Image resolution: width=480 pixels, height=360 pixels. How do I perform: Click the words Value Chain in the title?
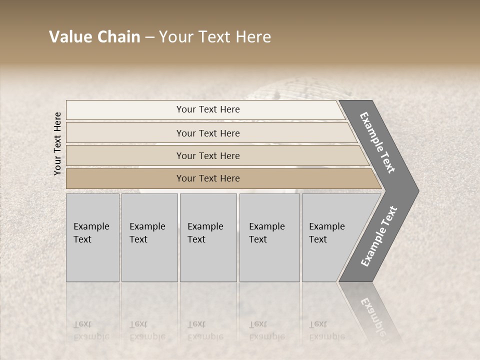coord(94,37)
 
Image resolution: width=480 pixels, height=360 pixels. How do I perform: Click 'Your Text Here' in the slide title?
coord(215,37)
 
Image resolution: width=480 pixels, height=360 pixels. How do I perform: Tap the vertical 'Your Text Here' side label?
coord(57,143)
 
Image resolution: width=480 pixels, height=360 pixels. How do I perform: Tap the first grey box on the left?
coord(92,237)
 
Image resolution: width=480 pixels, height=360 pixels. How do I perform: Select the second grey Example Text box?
coord(149,237)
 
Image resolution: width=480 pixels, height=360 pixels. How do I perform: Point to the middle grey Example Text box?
coord(208,237)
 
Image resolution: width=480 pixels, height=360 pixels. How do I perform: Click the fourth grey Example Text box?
coord(269,237)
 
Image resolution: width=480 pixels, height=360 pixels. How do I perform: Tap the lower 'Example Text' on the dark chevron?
coord(378,236)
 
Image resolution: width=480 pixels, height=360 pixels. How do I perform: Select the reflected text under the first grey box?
coord(91,330)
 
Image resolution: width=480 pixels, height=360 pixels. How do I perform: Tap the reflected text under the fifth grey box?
coord(327,330)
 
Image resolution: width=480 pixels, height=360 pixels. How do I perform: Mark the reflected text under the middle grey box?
coord(205,330)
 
